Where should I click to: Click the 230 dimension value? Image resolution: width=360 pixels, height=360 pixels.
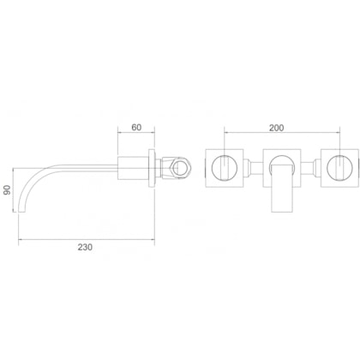[84, 246]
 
